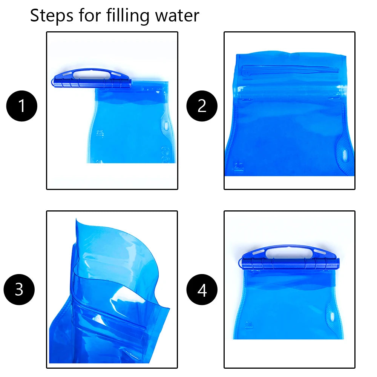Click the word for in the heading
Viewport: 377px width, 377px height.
coord(89,15)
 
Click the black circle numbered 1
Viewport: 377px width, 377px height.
coord(22,106)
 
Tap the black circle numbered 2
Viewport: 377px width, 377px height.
coord(202,106)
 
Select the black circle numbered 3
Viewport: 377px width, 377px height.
coord(19,290)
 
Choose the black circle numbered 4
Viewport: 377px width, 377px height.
coord(202,290)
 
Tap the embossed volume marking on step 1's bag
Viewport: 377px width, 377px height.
coord(100,133)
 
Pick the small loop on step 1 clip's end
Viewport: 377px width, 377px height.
coord(52,82)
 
